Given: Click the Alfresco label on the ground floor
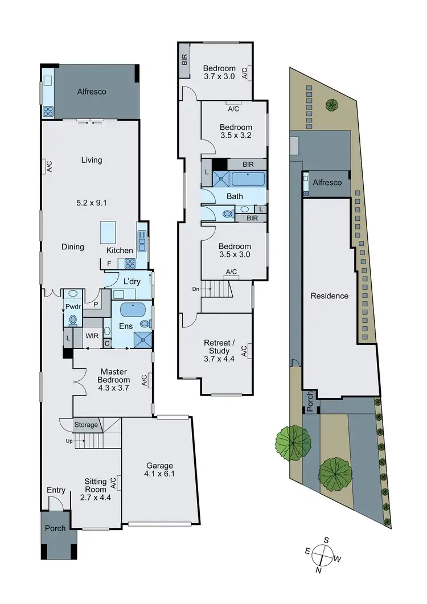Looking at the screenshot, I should (x=92, y=91).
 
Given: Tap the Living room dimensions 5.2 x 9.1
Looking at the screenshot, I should (x=91, y=202).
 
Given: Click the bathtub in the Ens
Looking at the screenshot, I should (x=133, y=311).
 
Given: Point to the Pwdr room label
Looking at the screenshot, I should (x=71, y=306).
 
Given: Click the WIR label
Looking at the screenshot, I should (x=92, y=336).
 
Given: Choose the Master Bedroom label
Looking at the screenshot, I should (x=114, y=376).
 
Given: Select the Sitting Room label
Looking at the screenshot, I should (x=96, y=485).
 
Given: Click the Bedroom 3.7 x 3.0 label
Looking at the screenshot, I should (x=219, y=72).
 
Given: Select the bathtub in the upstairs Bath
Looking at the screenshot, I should (x=248, y=179).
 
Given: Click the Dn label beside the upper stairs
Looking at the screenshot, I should (x=196, y=289).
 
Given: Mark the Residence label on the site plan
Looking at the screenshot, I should (x=329, y=296).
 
